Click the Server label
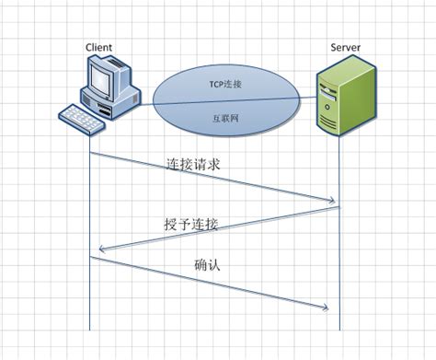coord(345,47)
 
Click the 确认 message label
coord(206,267)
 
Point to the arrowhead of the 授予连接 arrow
coord(99,248)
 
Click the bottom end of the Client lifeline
coord(90,329)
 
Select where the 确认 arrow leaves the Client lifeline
coord(90,258)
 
